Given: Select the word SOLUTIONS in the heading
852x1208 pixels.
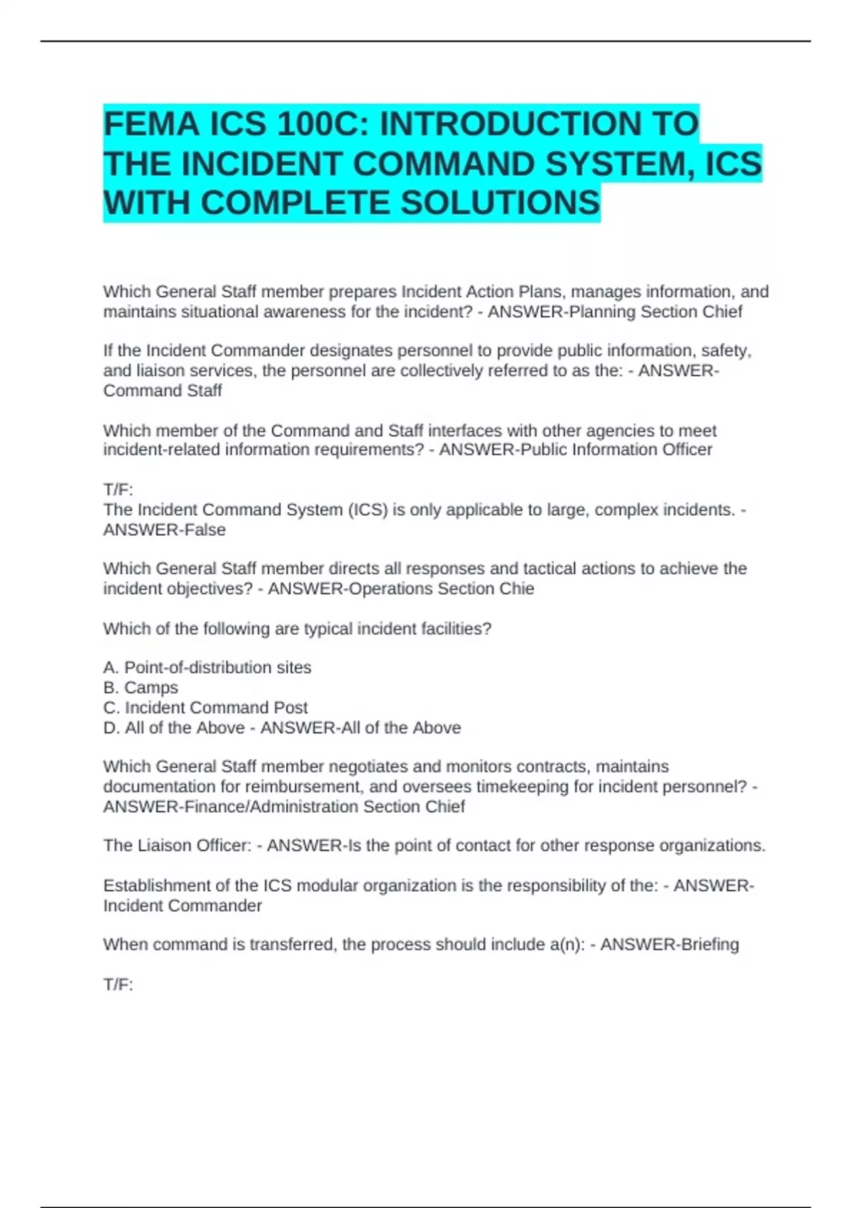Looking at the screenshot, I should click(501, 203).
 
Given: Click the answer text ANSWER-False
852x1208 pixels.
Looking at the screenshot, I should click(164, 530).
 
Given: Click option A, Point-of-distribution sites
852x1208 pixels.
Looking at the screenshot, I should click(207, 668).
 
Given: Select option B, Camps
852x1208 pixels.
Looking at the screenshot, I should click(141, 688).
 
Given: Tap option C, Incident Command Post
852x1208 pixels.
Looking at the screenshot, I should click(205, 708).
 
